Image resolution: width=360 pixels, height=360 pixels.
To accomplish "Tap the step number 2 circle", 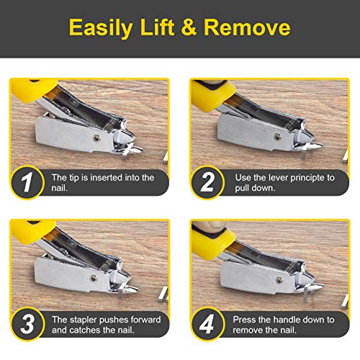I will coord(208,182).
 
